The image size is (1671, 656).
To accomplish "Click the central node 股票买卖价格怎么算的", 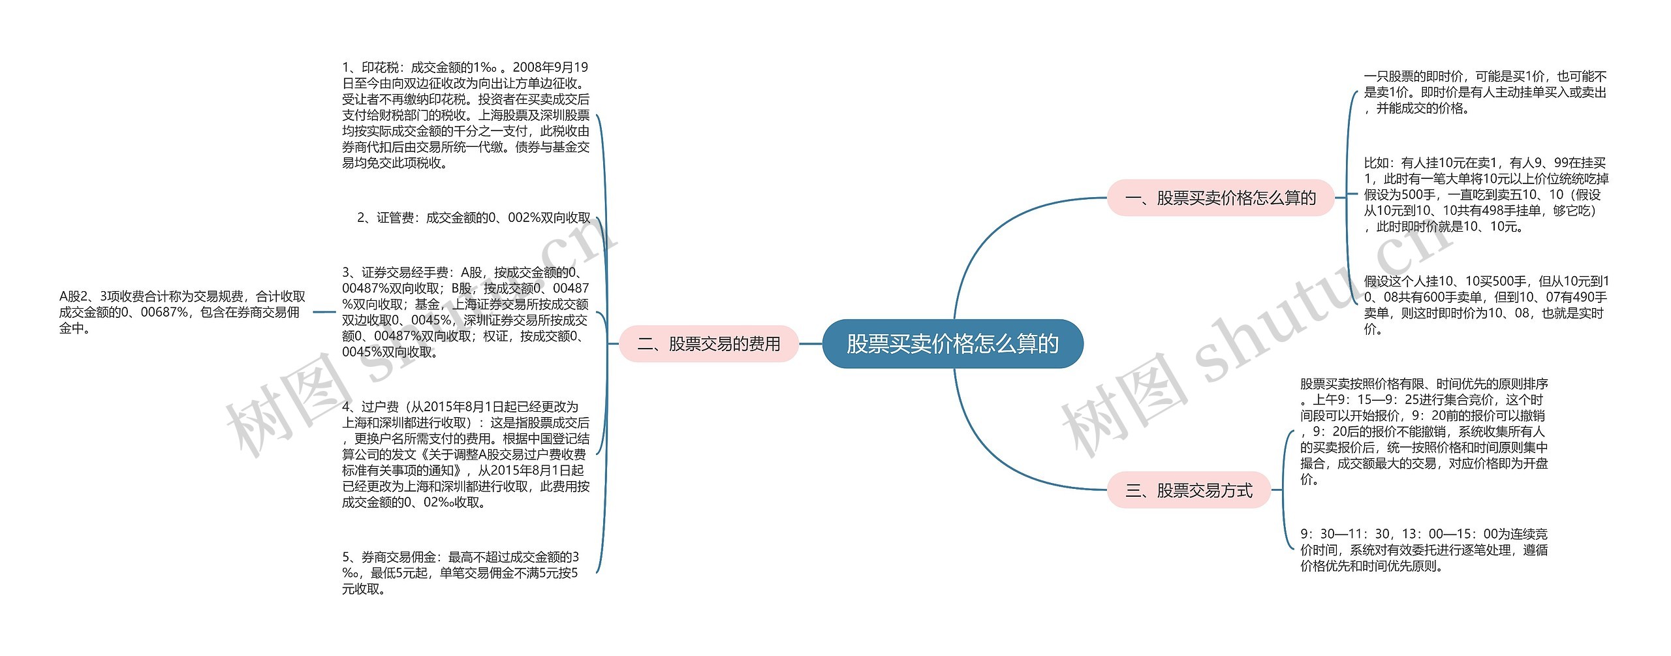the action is coord(952,343).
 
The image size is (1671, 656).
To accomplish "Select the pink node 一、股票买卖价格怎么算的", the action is coord(1220,198).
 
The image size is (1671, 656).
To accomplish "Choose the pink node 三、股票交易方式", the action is coord(1189,490).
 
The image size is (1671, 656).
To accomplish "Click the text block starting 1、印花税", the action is coord(465,115).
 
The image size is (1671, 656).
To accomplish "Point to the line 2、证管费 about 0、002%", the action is coord(473,218).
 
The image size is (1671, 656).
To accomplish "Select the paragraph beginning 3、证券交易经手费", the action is coord(465,312).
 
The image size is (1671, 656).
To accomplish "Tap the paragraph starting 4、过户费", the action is coord(465,454).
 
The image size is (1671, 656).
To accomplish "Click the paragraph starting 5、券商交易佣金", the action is coord(460,573).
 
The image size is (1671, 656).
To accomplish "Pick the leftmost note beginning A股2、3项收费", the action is coord(182,312).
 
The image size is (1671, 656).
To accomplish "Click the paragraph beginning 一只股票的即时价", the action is coord(1485,93).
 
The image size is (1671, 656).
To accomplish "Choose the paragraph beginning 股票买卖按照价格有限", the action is coord(1424,431).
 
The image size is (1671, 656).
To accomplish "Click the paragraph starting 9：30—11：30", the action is coord(1424,550).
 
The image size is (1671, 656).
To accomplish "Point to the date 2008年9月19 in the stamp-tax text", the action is coord(550,67).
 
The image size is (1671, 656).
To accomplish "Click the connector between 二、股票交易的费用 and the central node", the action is coord(810,343).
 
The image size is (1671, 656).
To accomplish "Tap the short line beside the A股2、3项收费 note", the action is coord(324,312).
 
